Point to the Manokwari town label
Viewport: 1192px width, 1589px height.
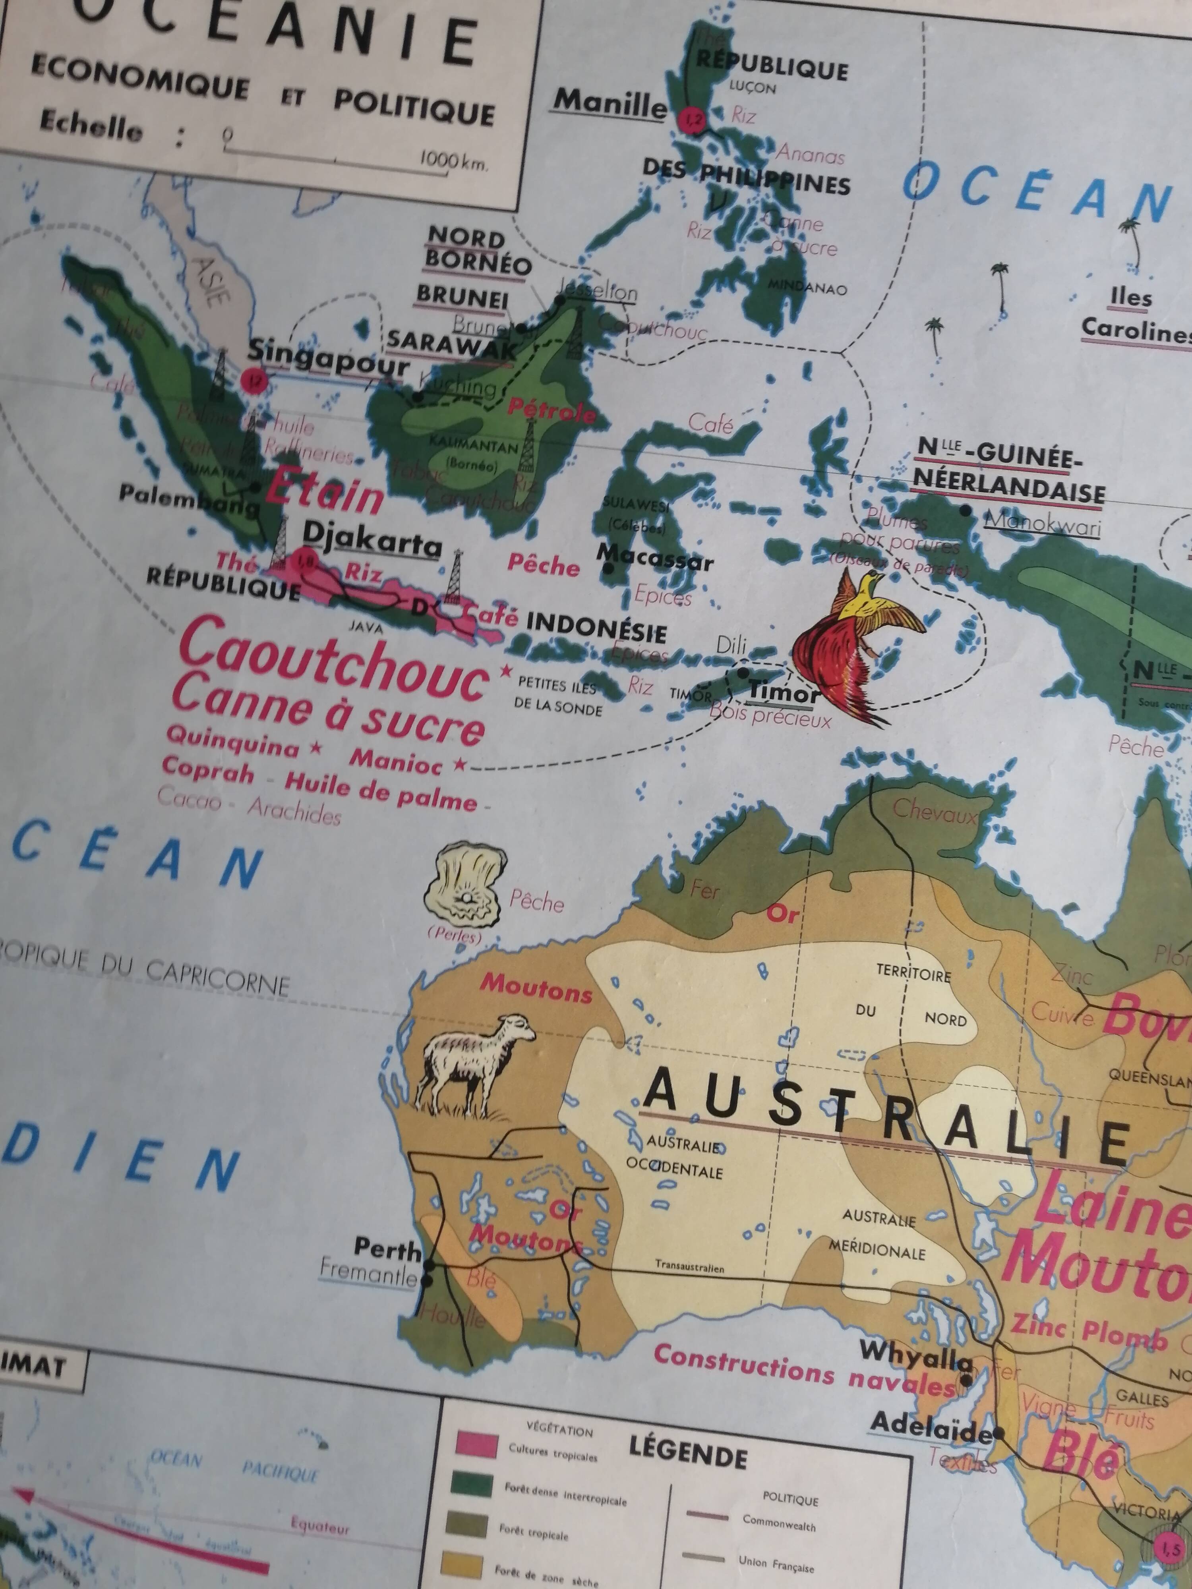coord(1042,522)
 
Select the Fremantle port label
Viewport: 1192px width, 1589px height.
coord(368,1272)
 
